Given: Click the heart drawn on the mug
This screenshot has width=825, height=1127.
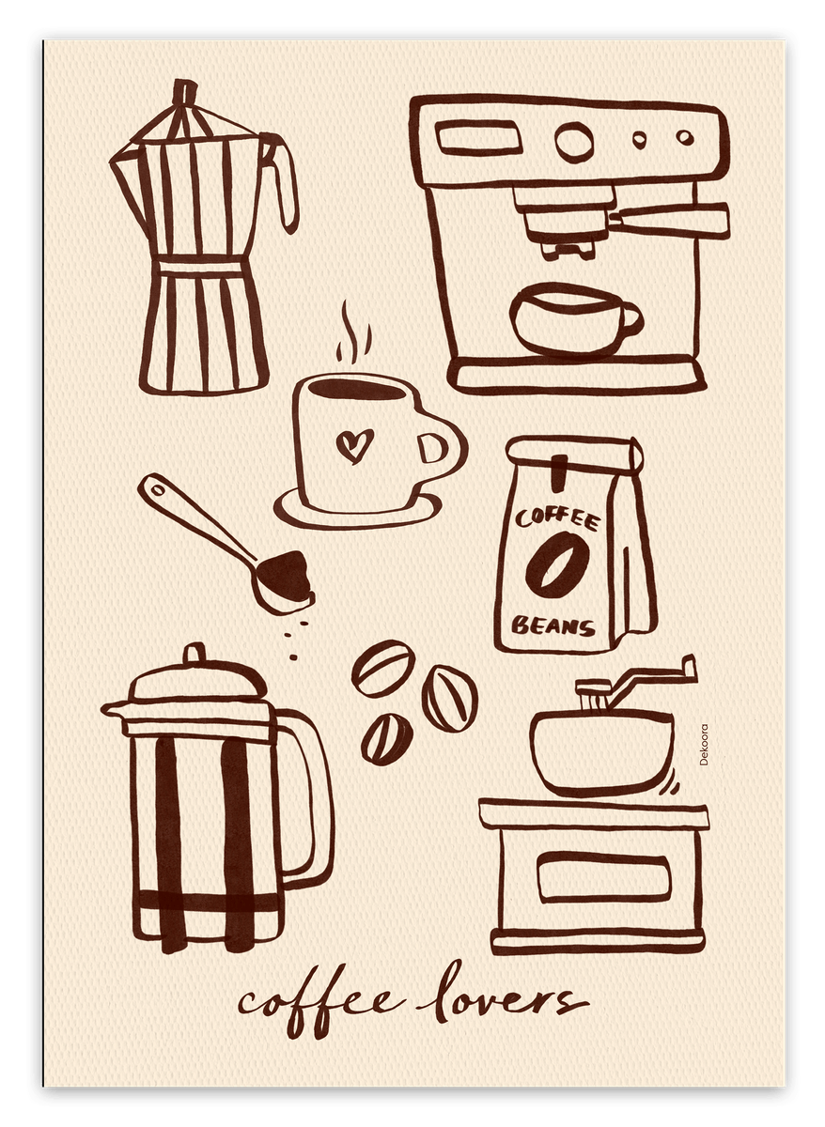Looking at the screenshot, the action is (x=355, y=445).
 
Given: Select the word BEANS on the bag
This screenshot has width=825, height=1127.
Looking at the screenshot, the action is (x=553, y=625).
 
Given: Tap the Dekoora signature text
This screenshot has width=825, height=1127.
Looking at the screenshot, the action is (x=704, y=745).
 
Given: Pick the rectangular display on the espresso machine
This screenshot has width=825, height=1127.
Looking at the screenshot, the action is (x=478, y=137).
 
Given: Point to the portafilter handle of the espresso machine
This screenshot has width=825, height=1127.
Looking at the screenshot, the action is (x=669, y=221).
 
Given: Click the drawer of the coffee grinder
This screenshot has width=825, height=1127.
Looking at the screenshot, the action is (x=604, y=878).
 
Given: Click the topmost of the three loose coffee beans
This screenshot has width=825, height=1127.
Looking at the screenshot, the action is (x=383, y=668).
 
